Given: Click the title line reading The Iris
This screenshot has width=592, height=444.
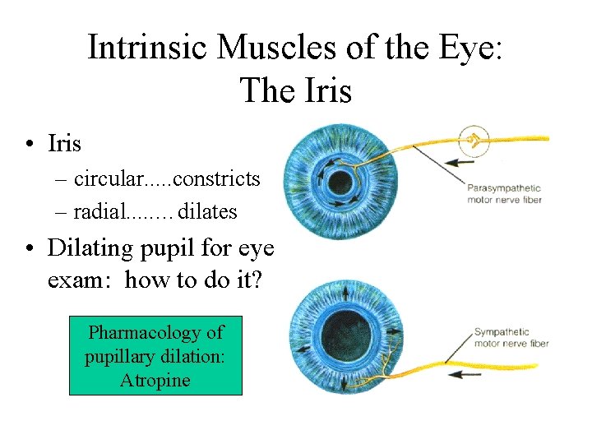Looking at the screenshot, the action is point(295,90).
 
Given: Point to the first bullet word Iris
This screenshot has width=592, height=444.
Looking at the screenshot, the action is point(64,144).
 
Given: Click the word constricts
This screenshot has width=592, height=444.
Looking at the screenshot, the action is point(217,178).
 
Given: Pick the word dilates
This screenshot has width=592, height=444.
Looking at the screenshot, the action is point(207,211).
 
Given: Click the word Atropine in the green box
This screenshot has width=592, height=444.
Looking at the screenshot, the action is point(155,380).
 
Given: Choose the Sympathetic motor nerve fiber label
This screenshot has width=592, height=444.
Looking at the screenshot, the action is point(511,338).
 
